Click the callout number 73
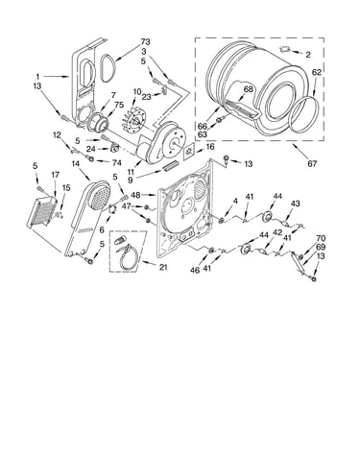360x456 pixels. coord(145,42)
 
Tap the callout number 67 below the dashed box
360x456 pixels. coord(312,164)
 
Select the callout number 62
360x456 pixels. coord(317,73)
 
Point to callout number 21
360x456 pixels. coord(163,267)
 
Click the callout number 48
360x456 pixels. coord(135,195)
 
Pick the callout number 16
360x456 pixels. coord(209,147)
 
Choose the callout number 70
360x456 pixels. coord(321,238)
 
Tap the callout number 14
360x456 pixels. coord(75,163)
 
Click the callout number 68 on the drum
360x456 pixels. coord(248,89)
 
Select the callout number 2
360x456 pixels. coord(308,55)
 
